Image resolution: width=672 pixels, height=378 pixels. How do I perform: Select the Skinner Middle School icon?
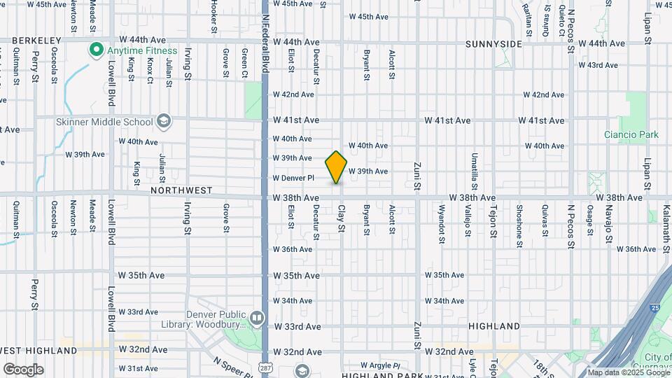point(163,121)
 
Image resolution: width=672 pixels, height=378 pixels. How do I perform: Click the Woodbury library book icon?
point(258,319)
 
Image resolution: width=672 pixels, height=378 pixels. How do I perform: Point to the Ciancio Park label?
point(627,134)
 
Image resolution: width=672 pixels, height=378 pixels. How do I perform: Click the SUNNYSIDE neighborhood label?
point(494,44)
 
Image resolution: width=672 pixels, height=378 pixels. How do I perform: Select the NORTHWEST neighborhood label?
point(181,190)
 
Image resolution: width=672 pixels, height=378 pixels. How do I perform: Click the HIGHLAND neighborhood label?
point(494,326)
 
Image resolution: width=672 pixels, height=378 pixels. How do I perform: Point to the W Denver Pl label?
point(293,178)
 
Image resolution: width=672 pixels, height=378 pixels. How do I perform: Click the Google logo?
point(23,369)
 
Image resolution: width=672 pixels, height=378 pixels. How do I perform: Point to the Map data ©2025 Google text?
point(628,372)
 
